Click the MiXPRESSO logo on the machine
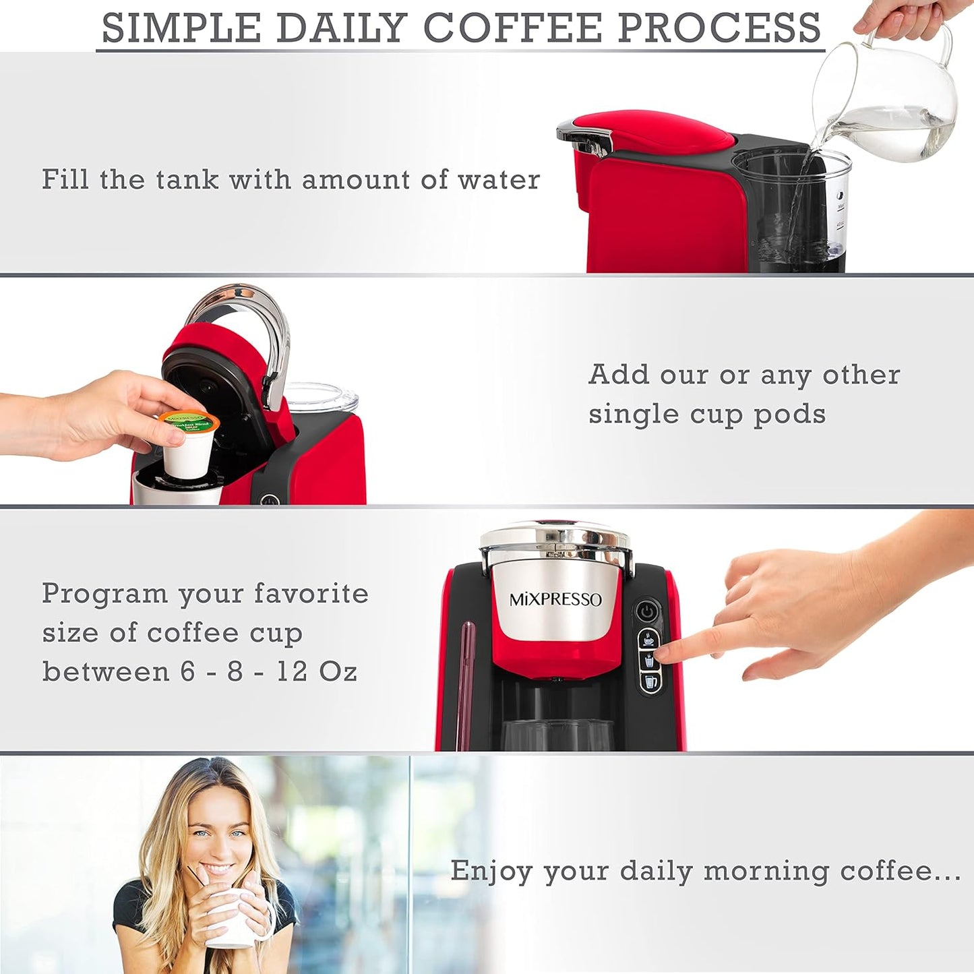[555, 600]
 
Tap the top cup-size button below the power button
[648, 638]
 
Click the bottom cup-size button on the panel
[650, 681]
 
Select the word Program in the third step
[104, 595]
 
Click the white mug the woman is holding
[233, 920]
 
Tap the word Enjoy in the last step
[491, 871]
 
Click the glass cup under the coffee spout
[557, 735]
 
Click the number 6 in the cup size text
[187, 671]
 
